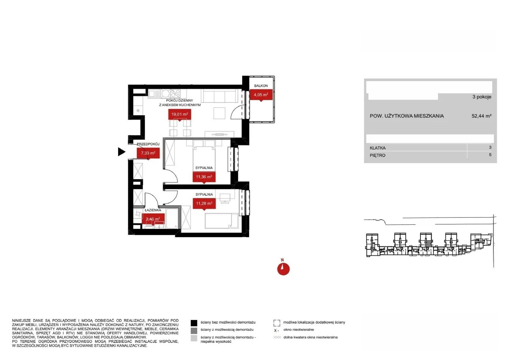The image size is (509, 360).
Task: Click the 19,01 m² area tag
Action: point(179,114)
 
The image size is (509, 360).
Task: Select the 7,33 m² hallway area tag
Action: point(148,153)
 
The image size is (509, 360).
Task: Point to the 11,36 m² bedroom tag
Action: point(204,177)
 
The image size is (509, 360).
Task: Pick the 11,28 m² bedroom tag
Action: point(204,204)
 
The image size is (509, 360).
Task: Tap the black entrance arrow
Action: point(122,152)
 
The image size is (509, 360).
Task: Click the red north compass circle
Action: point(283,269)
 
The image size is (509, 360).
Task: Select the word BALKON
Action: point(261,86)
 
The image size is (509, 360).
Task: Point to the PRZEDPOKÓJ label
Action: point(148,144)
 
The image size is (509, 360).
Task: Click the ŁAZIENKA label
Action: point(153,210)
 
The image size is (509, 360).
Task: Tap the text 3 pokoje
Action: point(482,97)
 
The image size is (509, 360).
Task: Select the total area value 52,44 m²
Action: point(482,116)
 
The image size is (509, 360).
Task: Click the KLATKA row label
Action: point(378,148)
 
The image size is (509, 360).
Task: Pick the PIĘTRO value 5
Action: point(490,155)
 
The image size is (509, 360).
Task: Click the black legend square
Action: point(194,323)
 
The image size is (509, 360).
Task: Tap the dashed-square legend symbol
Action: point(277,323)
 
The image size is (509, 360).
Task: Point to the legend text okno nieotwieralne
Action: point(299,329)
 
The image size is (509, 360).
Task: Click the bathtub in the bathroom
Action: point(172,218)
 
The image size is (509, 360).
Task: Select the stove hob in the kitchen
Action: point(175,93)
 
